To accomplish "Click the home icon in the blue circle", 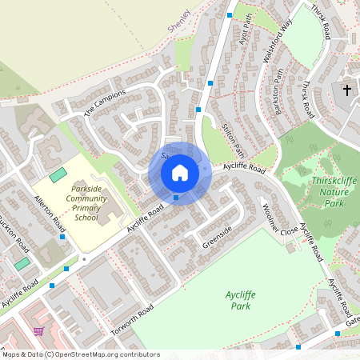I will point(180,173).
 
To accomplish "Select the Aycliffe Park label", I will point(240,300).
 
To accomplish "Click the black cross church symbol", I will point(347,90).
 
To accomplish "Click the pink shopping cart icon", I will point(38,330).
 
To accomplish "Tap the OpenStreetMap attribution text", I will point(80,354).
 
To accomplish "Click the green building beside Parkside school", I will point(58,174).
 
